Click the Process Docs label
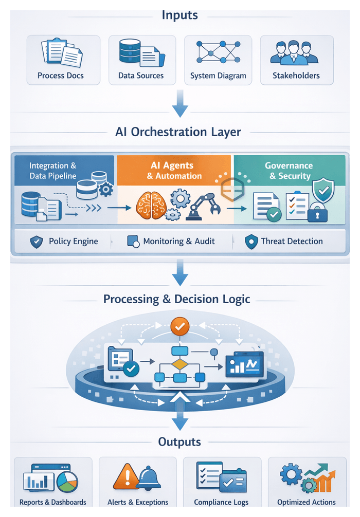61,76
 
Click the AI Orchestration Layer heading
178,132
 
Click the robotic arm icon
202,207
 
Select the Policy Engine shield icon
36,242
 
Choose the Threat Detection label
292,241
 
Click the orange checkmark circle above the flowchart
180,325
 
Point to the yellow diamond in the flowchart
179,364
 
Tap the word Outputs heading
179,442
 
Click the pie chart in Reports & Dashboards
66,482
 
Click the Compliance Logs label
221,502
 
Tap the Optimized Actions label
306,502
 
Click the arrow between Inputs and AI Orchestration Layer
180,104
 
